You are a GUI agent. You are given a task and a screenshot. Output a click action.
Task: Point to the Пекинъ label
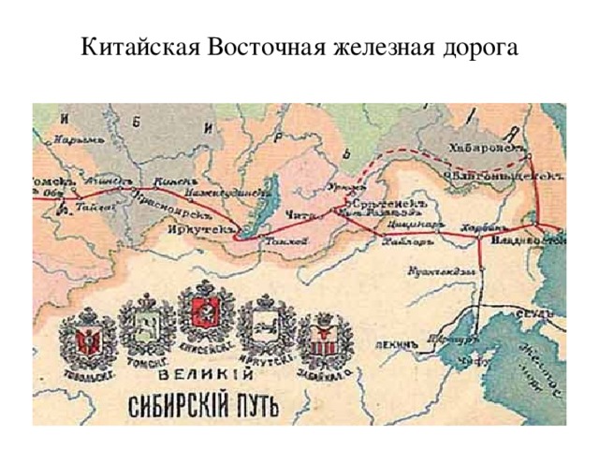click(394, 343)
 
